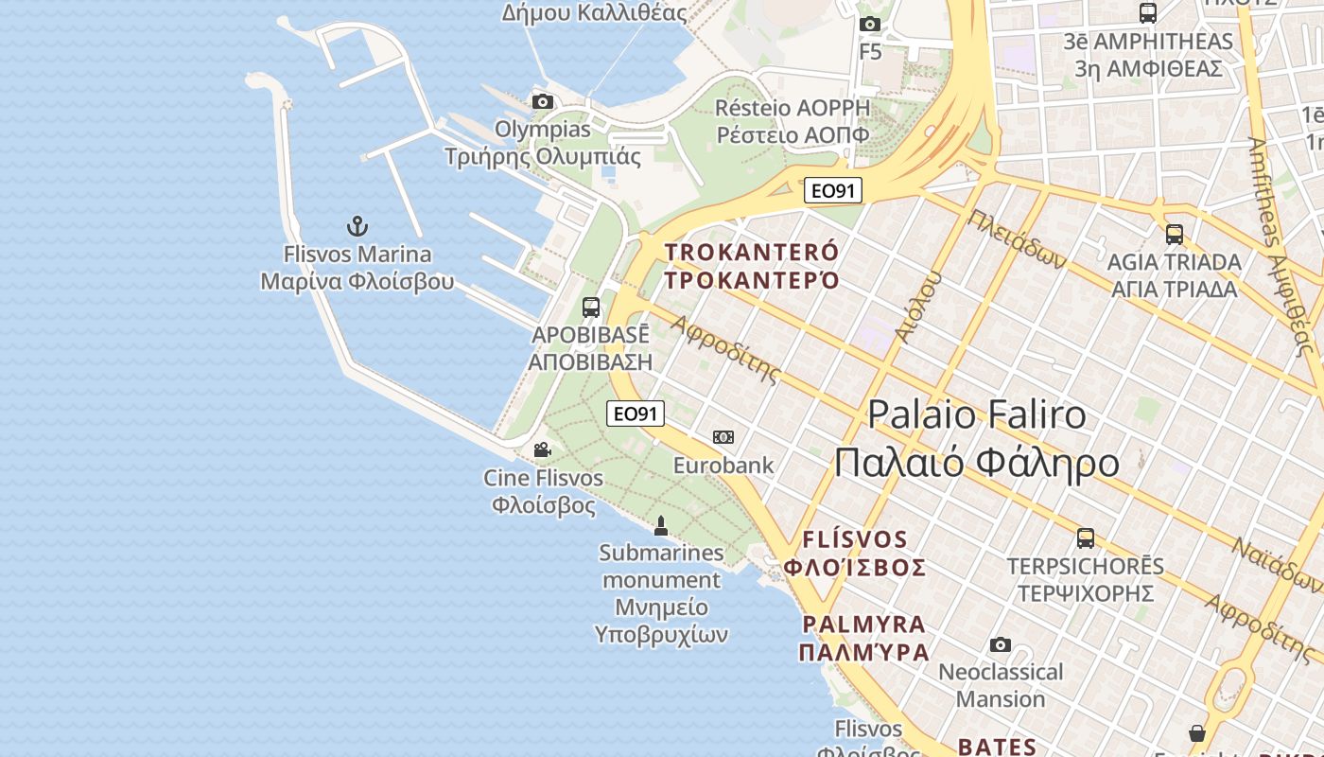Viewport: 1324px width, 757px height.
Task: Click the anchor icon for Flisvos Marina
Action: pyautogui.click(x=357, y=226)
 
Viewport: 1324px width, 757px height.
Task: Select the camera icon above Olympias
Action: pyautogui.click(x=542, y=101)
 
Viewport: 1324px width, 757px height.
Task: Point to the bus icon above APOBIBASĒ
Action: pyautogui.click(x=591, y=307)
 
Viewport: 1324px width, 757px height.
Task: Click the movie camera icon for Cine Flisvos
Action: pyautogui.click(x=542, y=449)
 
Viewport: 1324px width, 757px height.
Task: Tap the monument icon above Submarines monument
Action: pyautogui.click(x=661, y=525)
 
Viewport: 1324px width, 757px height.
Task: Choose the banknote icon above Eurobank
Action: pyautogui.click(x=723, y=436)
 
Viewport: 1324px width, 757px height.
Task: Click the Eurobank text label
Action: pyautogui.click(x=723, y=465)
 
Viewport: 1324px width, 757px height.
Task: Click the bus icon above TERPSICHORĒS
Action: pyautogui.click(x=1086, y=538)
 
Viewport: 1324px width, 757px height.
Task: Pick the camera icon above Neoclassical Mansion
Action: pyautogui.click(x=1001, y=645)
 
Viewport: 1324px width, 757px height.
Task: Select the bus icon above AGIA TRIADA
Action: pyautogui.click(x=1175, y=234)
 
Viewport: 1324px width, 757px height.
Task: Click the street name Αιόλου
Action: pyautogui.click(x=918, y=307)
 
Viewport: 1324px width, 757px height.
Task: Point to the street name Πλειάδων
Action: pyautogui.click(x=1017, y=238)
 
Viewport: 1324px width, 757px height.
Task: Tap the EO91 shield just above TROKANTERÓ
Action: pyautogui.click(x=833, y=190)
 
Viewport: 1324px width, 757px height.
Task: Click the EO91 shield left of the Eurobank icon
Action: pyautogui.click(x=636, y=414)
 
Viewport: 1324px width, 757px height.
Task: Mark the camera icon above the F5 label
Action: pyautogui.click(x=870, y=24)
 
